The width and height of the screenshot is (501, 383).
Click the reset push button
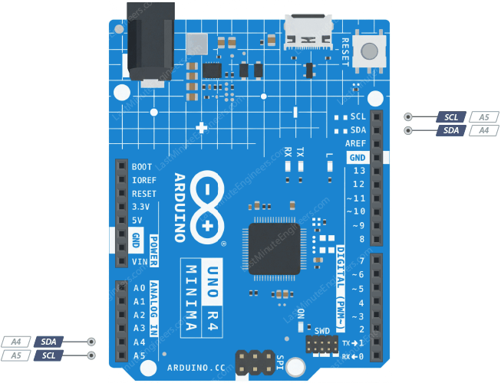tap(371, 52)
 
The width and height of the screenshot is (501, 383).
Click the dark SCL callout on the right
tap(451, 117)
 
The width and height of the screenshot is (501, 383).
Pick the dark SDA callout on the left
tap(48, 342)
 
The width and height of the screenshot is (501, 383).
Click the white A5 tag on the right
tap(483, 117)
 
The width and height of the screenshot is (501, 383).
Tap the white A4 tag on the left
tap(16, 342)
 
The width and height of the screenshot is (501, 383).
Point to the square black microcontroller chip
tap(273, 248)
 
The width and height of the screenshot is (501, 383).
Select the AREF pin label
tap(356, 144)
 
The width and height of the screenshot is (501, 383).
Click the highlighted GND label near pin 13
tap(358, 158)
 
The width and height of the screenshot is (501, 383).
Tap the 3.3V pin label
tap(140, 207)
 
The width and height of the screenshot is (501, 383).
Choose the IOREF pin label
tap(143, 180)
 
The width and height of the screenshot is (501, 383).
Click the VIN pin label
tap(139, 262)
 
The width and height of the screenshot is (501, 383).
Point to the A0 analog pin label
tap(139, 288)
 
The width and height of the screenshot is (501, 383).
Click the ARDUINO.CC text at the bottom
tap(196, 368)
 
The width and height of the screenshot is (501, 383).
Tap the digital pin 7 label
tap(360, 261)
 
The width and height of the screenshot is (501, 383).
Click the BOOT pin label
tap(141, 166)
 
